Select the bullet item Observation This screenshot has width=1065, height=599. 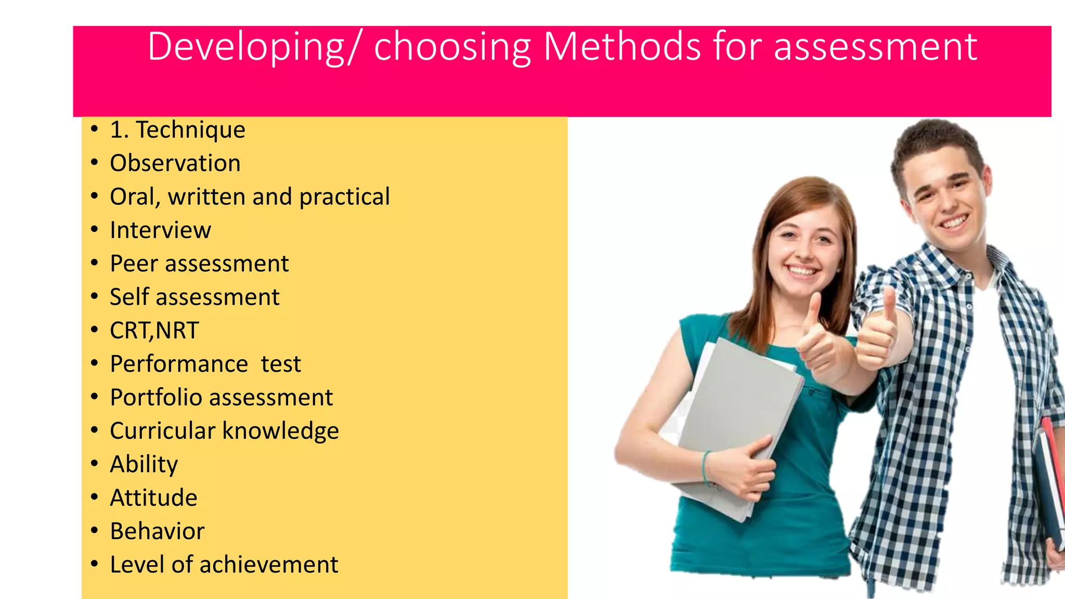(175, 163)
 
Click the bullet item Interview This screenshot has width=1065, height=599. (160, 230)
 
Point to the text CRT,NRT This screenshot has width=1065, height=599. (154, 331)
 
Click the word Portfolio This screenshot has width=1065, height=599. (156, 398)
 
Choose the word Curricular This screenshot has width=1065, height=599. (162, 431)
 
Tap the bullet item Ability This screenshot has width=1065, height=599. (144, 464)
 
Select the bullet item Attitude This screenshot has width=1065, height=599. (153, 498)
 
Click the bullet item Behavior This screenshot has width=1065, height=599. (157, 531)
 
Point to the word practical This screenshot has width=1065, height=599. (344, 197)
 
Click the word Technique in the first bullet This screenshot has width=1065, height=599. (190, 130)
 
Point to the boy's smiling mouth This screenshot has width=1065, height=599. (954, 222)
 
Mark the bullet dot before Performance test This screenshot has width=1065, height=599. (94, 363)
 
